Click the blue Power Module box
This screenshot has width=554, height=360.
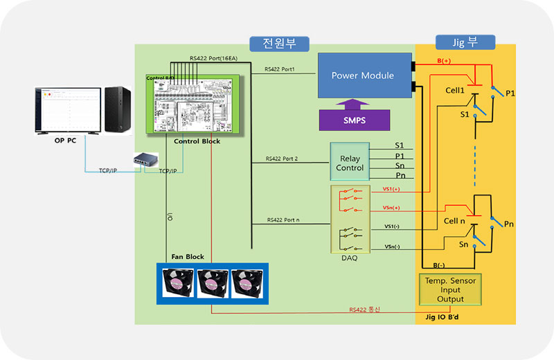point(362,75)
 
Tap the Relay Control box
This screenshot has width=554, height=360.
point(350,163)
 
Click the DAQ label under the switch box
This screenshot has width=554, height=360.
point(349,258)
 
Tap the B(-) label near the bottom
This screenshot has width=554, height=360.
point(438,265)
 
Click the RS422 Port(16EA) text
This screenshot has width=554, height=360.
point(213,58)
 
